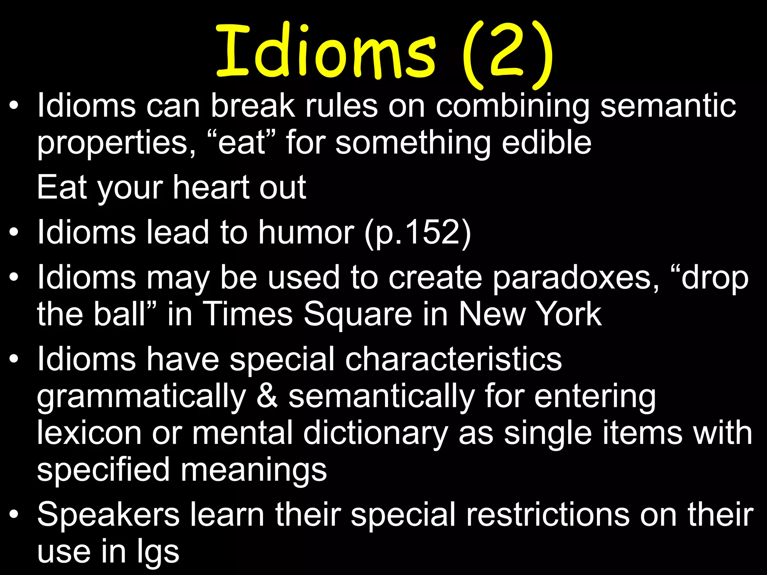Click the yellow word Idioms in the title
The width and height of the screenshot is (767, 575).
[326, 51]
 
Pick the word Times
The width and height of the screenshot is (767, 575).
[247, 314]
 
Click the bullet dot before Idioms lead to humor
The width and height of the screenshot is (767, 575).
[14, 232]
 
